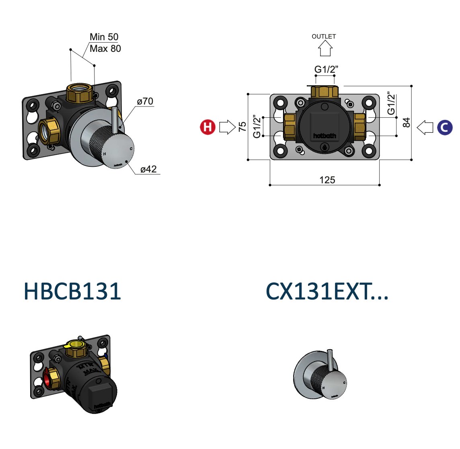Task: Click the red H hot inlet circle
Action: (x=208, y=127)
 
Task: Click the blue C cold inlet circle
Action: (x=445, y=127)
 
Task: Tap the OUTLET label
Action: (x=324, y=36)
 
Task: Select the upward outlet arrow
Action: (x=325, y=48)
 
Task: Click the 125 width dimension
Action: (x=327, y=180)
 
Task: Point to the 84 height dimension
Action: (x=406, y=122)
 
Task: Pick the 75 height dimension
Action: (x=242, y=127)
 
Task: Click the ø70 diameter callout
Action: (x=145, y=101)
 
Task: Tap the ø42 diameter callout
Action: (x=148, y=169)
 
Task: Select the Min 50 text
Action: (x=104, y=37)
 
